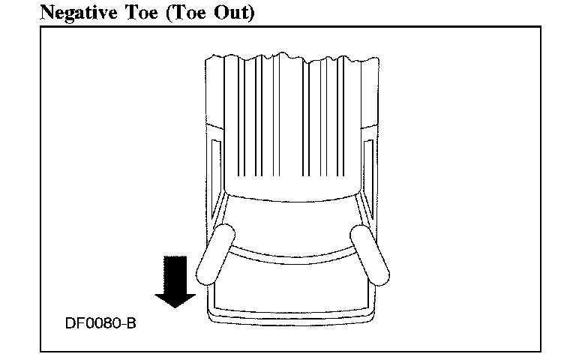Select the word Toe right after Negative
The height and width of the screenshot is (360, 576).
pos(129,12)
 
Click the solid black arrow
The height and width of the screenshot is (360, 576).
pos(174,280)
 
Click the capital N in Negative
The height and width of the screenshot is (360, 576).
pos(46,12)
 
